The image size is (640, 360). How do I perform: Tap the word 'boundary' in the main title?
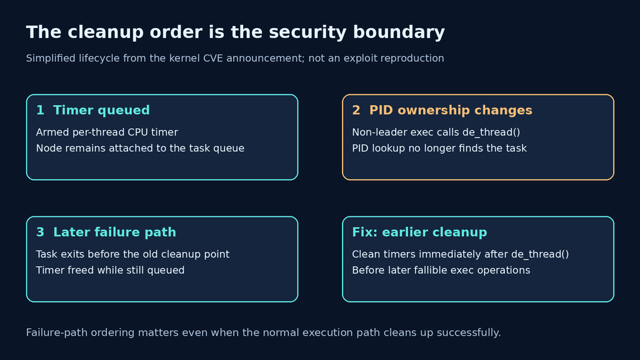(x=399, y=32)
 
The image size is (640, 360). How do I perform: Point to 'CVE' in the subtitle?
(x=213, y=58)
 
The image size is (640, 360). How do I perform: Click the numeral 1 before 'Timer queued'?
(x=40, y=110)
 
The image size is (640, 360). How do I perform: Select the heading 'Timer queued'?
(x=101, y=110)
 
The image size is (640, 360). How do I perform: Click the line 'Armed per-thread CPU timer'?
(x=107, y=132)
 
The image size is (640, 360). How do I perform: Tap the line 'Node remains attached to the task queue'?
(x=140, y=148)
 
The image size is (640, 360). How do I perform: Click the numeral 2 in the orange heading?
(x=356, y=110)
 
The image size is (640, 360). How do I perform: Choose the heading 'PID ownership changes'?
(x=451, y=110)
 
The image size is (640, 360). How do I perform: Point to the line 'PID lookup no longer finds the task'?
(x=439, y=148)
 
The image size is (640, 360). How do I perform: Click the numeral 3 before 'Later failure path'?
(x=40, y=232)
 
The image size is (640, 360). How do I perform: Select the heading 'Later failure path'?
(x=115, y=232)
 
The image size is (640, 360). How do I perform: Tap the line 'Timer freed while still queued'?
(x=110, y=270)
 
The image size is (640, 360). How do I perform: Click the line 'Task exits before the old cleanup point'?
(x=132, y=254)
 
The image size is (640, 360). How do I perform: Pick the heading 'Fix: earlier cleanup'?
(x=419, y=232)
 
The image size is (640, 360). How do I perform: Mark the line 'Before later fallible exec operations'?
(x=441, y=270)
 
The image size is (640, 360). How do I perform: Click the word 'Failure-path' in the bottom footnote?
(x=57, y=332)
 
